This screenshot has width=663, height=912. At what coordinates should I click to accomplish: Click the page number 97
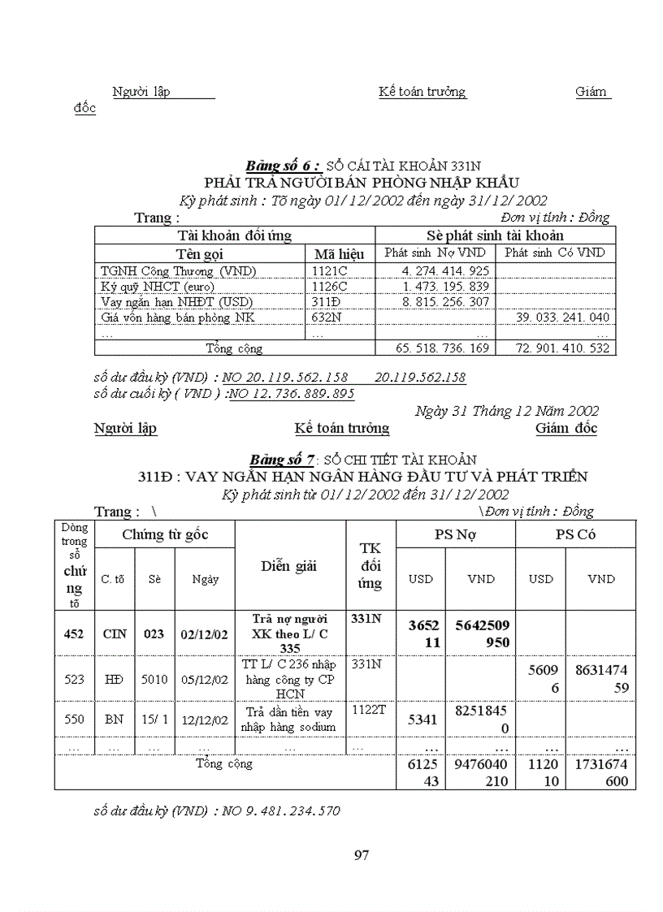362,854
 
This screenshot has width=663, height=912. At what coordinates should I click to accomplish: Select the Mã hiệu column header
340,253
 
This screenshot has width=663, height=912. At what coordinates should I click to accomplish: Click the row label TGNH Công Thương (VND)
180,271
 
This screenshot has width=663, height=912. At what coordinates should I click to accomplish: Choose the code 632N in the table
327,318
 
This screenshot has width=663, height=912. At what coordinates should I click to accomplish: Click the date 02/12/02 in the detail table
204,633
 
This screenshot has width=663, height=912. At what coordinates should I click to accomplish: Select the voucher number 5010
154,679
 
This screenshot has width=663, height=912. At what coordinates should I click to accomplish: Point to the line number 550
74,720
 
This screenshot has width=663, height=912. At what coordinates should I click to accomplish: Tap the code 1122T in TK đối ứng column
368,709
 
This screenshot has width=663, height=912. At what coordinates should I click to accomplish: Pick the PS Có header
575,534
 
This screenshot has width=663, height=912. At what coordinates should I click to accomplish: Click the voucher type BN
115,720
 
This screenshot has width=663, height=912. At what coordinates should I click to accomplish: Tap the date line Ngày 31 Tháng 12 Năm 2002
506,411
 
